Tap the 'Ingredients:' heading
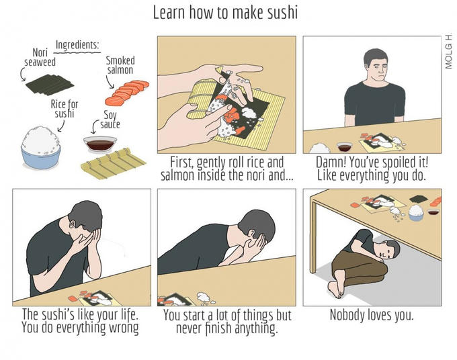pos(77,45)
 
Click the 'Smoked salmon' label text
pos(120,65)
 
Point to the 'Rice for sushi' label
pos(65,109)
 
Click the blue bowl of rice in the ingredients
pos(41,148)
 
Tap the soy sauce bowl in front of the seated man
pos(345,146)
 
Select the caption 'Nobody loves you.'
pos(372,315)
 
